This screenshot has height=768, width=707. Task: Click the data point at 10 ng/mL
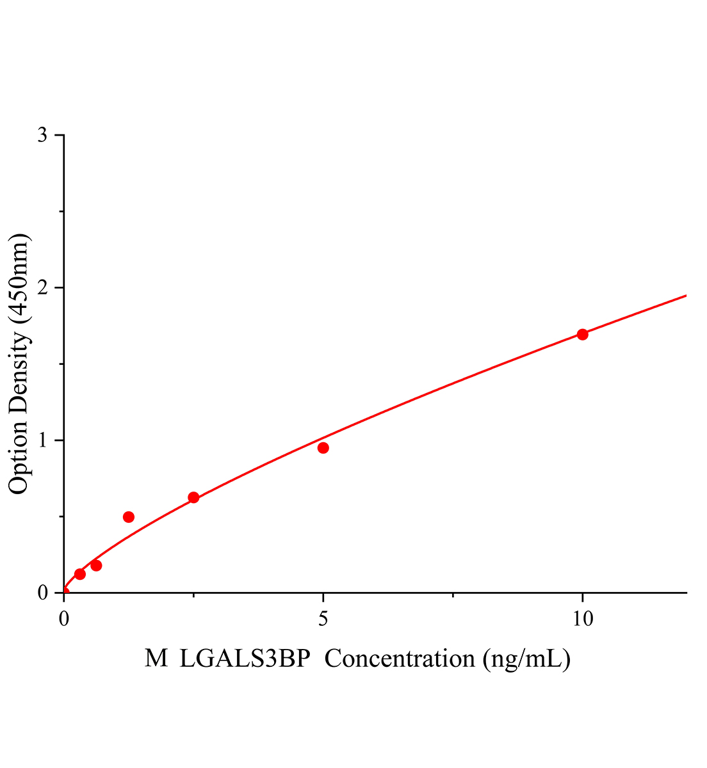(x=582, y=334)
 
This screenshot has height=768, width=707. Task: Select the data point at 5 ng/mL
(x=323, y=447)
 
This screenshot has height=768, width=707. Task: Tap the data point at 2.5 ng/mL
(x=193, y=497)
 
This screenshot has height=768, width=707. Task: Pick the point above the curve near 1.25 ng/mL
(x=129, y=516)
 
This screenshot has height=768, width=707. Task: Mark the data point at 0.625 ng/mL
(x=96, y=565)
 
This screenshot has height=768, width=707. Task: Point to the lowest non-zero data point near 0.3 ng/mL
(x=80, y=574)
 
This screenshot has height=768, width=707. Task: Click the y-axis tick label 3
(x=42, y=135)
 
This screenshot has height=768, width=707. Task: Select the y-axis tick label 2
(x=42, y=287)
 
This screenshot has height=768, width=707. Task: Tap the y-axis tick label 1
(x=42, y=440)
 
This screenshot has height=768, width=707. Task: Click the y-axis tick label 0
(x=42, y=593)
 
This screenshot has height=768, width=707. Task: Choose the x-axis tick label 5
(x=323, y=618)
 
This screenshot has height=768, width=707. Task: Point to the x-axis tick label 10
(x=582, y=618)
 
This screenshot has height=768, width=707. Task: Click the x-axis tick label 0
(x=64, y=618)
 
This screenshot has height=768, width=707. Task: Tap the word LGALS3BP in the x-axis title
(x=245, y=658)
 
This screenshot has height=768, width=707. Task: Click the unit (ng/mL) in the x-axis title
(x=526, y=659)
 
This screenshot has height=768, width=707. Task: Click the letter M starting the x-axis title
(x=156, y=658)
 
